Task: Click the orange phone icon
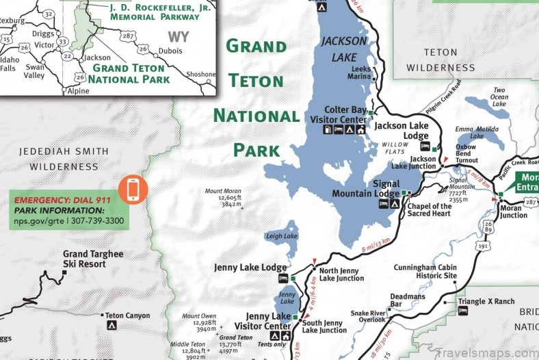tap(132, 190)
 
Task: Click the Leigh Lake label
tap(279, 237)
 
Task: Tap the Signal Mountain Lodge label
tap(367, 189)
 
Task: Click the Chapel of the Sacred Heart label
tap(430, 210)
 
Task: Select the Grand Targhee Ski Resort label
tap(81, 259)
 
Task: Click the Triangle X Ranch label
tap(486, 301)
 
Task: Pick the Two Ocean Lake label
tap(500, 97)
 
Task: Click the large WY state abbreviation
tap(179, 37)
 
